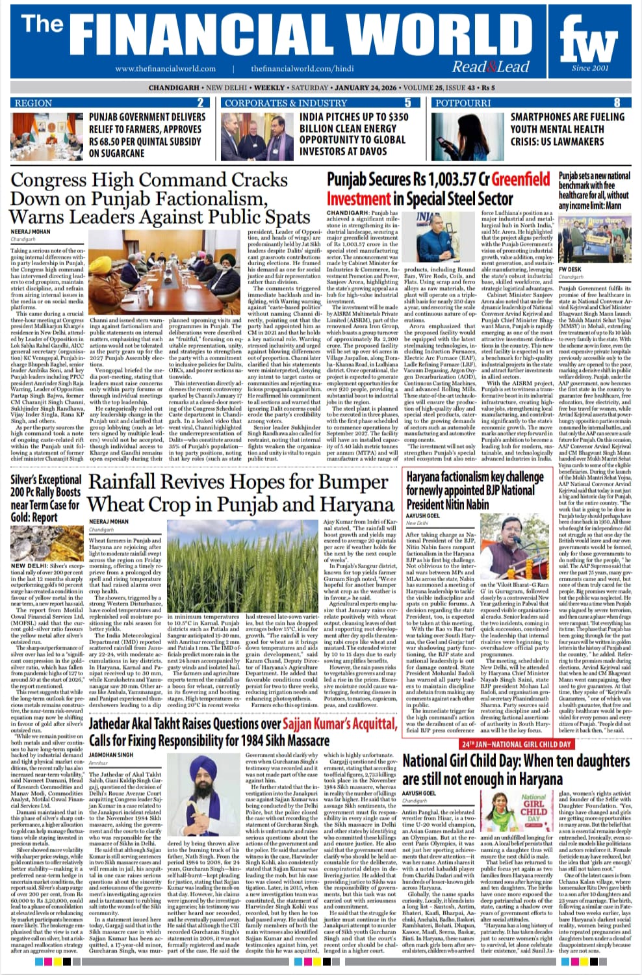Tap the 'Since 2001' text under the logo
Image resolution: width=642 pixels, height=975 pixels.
[x=590, y=68]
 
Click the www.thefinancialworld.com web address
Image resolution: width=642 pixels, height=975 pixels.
[x=166, y=69]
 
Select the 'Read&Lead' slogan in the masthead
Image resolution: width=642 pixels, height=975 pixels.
[x=491, y=66]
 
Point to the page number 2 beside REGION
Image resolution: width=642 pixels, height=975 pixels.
[x=200, y=103]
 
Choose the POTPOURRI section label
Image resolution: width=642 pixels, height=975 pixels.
[x=463, y=103]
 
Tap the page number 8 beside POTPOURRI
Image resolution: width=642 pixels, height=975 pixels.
[x=617, y=103]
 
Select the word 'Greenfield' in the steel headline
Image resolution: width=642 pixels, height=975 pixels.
[x=520, y=179]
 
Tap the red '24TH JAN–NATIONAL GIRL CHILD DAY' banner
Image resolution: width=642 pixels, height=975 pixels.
[x=517, y=744]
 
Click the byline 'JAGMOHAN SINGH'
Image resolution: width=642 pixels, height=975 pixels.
[x=110, y=755]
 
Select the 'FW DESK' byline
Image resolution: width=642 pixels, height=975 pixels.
[x=570, y=269]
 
